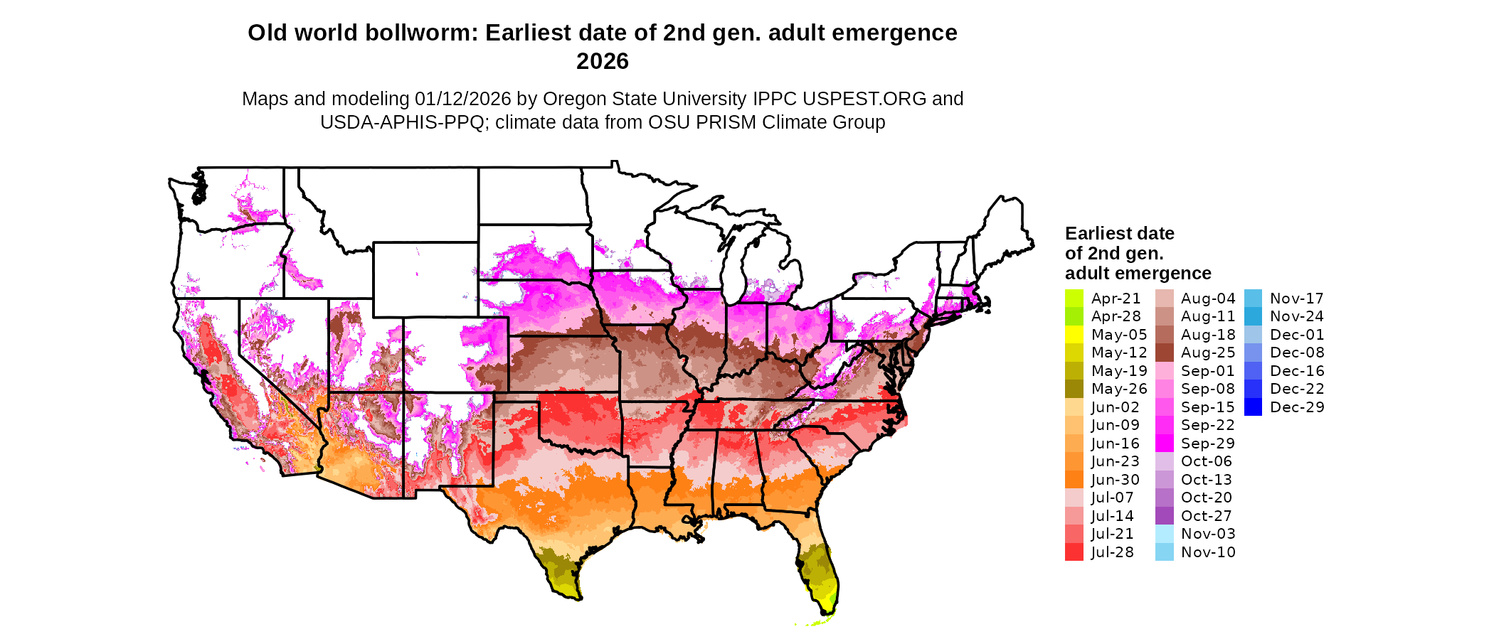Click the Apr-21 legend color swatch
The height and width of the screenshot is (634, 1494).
pyautogui.click(x=1074, y=299)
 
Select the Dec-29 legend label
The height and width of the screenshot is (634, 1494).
pyautogui.click(x=1297, y=407)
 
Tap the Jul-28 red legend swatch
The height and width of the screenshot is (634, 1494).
pyautogui.click(x=1074, y=552)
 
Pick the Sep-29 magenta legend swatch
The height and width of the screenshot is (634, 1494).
pyautogui.click(x=1164, y=444)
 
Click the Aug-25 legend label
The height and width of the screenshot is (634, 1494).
pyautogui.click(x=1208, y=353)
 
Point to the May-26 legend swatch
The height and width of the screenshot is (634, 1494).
pyautogui.click(x=1074, y=389)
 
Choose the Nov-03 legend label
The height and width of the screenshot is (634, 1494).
pyautogui.click(x=1208, y=534)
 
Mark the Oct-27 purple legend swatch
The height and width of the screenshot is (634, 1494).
pyautogui.click(x=1164, y=516)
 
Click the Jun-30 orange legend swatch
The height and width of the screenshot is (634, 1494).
pyautogui.click(x=1074, y=480)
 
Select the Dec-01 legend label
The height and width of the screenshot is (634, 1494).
pyautogui.click(x=1297, y=335)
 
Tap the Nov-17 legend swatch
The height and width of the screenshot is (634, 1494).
pyautogui.click(x=1253, y=299)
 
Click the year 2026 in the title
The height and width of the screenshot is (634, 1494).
pyautogui.click(x=602, y=62)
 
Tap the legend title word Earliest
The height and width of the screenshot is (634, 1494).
pyautogui.click(x=1098, y=234)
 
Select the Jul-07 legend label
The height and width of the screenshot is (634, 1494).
pyautogui.click(x=1112, y=498)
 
